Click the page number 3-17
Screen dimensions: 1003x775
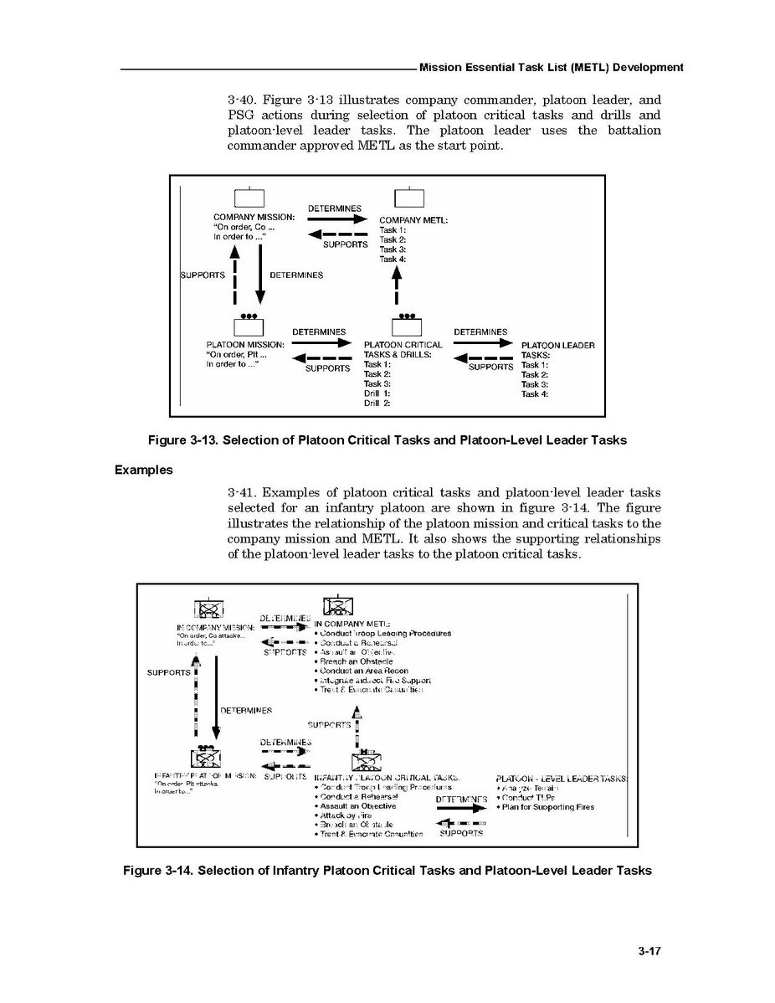pos(649,950)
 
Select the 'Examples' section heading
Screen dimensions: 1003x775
pos(143,470)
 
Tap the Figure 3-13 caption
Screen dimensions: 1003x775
pos(387,440)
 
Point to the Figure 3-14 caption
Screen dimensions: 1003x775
pos(387,871)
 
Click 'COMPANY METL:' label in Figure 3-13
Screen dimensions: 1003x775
pos(413,220)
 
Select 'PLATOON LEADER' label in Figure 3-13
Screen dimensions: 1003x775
pos(557,345)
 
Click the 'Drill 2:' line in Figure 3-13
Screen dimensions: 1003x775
pos(377,403)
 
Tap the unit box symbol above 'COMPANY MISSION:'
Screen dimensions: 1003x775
pos(249,198)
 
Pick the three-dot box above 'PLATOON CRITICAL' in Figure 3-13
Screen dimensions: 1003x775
pos(407,327)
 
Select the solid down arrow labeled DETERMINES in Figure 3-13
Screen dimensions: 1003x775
pos(259,276)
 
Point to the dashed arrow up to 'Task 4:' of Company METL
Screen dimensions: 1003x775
pos(397,285)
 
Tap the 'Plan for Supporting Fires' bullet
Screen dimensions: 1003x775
pos(547,807)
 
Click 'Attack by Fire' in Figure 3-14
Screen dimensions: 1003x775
pos(345,815)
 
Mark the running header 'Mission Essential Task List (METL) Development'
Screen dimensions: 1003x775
pos(551,68)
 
